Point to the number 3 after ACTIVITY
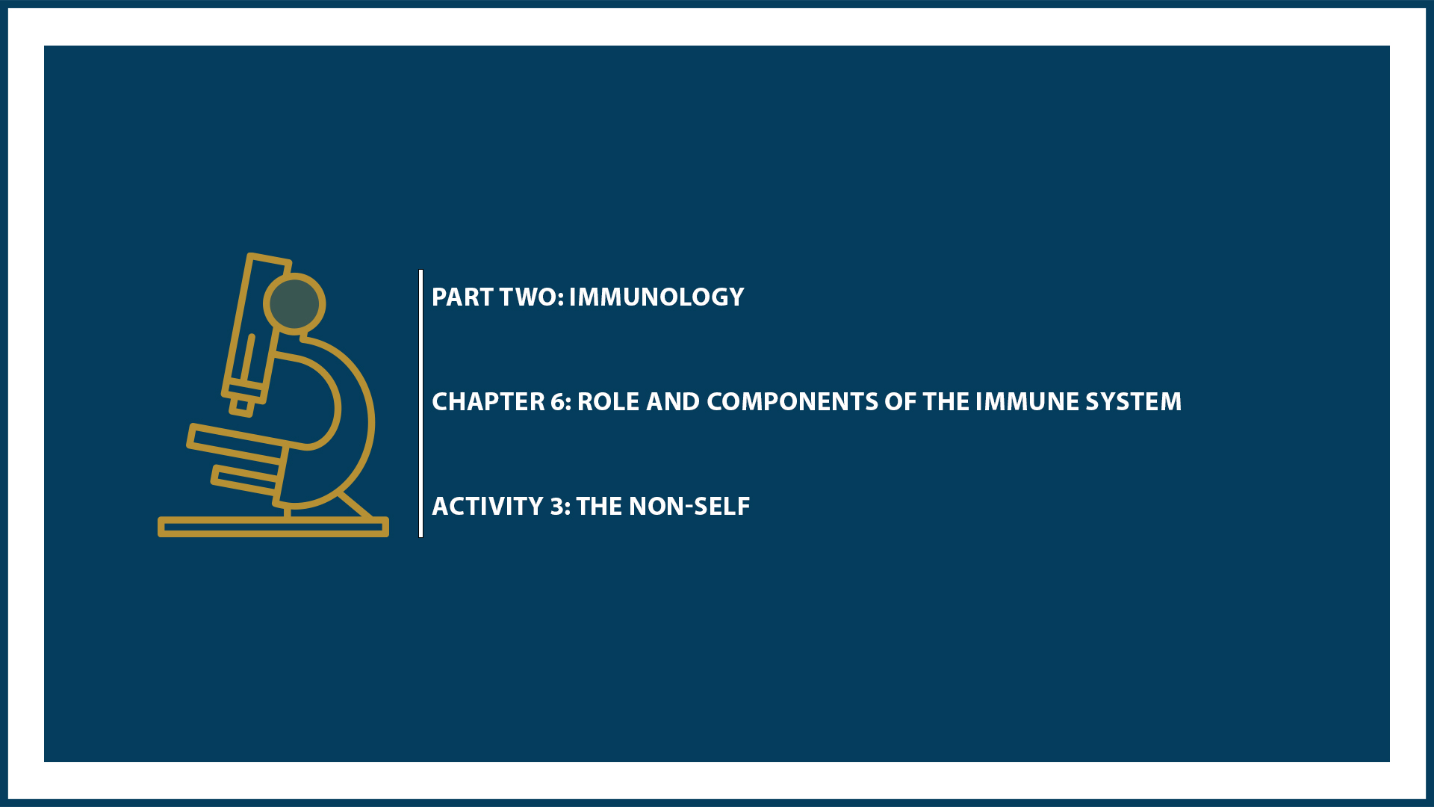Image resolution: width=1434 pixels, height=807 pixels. point(557,507)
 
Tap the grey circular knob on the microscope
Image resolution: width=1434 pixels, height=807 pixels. point(294,303)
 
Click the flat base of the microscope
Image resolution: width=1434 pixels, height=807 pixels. point(273,528)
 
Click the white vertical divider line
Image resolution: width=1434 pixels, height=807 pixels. point(421,403)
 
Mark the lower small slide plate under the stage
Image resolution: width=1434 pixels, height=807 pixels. point(245,480)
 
